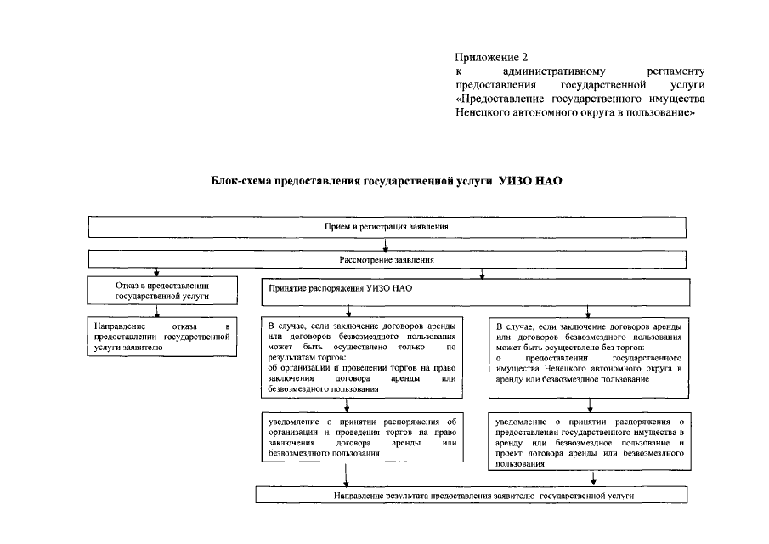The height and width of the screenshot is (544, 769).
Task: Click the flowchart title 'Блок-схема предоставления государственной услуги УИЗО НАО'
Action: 387,182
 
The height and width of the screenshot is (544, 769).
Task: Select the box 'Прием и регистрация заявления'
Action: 386,228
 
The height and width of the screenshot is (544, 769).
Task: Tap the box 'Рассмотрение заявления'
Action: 387,259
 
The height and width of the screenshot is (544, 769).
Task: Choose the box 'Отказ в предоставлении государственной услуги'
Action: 161,290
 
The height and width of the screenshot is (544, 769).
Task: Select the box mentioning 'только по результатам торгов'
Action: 363,357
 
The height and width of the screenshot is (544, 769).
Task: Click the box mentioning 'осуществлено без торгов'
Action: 589,353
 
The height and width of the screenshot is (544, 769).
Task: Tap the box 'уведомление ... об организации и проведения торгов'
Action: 363,437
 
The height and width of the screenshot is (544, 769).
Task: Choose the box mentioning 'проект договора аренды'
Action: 589,442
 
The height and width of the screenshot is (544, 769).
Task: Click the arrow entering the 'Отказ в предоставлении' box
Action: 156,272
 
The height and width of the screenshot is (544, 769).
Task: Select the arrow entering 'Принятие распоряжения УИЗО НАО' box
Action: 483,272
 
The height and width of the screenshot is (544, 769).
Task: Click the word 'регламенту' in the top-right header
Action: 675,71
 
